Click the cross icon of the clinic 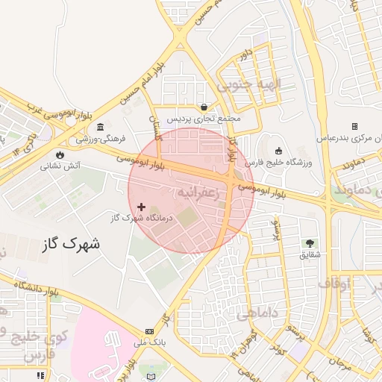pos(142,206)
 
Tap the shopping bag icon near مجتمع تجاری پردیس pos(204,107)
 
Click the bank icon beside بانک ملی pos(150,331)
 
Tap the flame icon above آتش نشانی pos(59,155)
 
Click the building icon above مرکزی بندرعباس pos(354,126)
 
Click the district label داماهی pos(257,315)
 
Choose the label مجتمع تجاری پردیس pos(204,119)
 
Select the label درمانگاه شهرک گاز pos(142,218)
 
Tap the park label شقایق pos(310,254)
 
